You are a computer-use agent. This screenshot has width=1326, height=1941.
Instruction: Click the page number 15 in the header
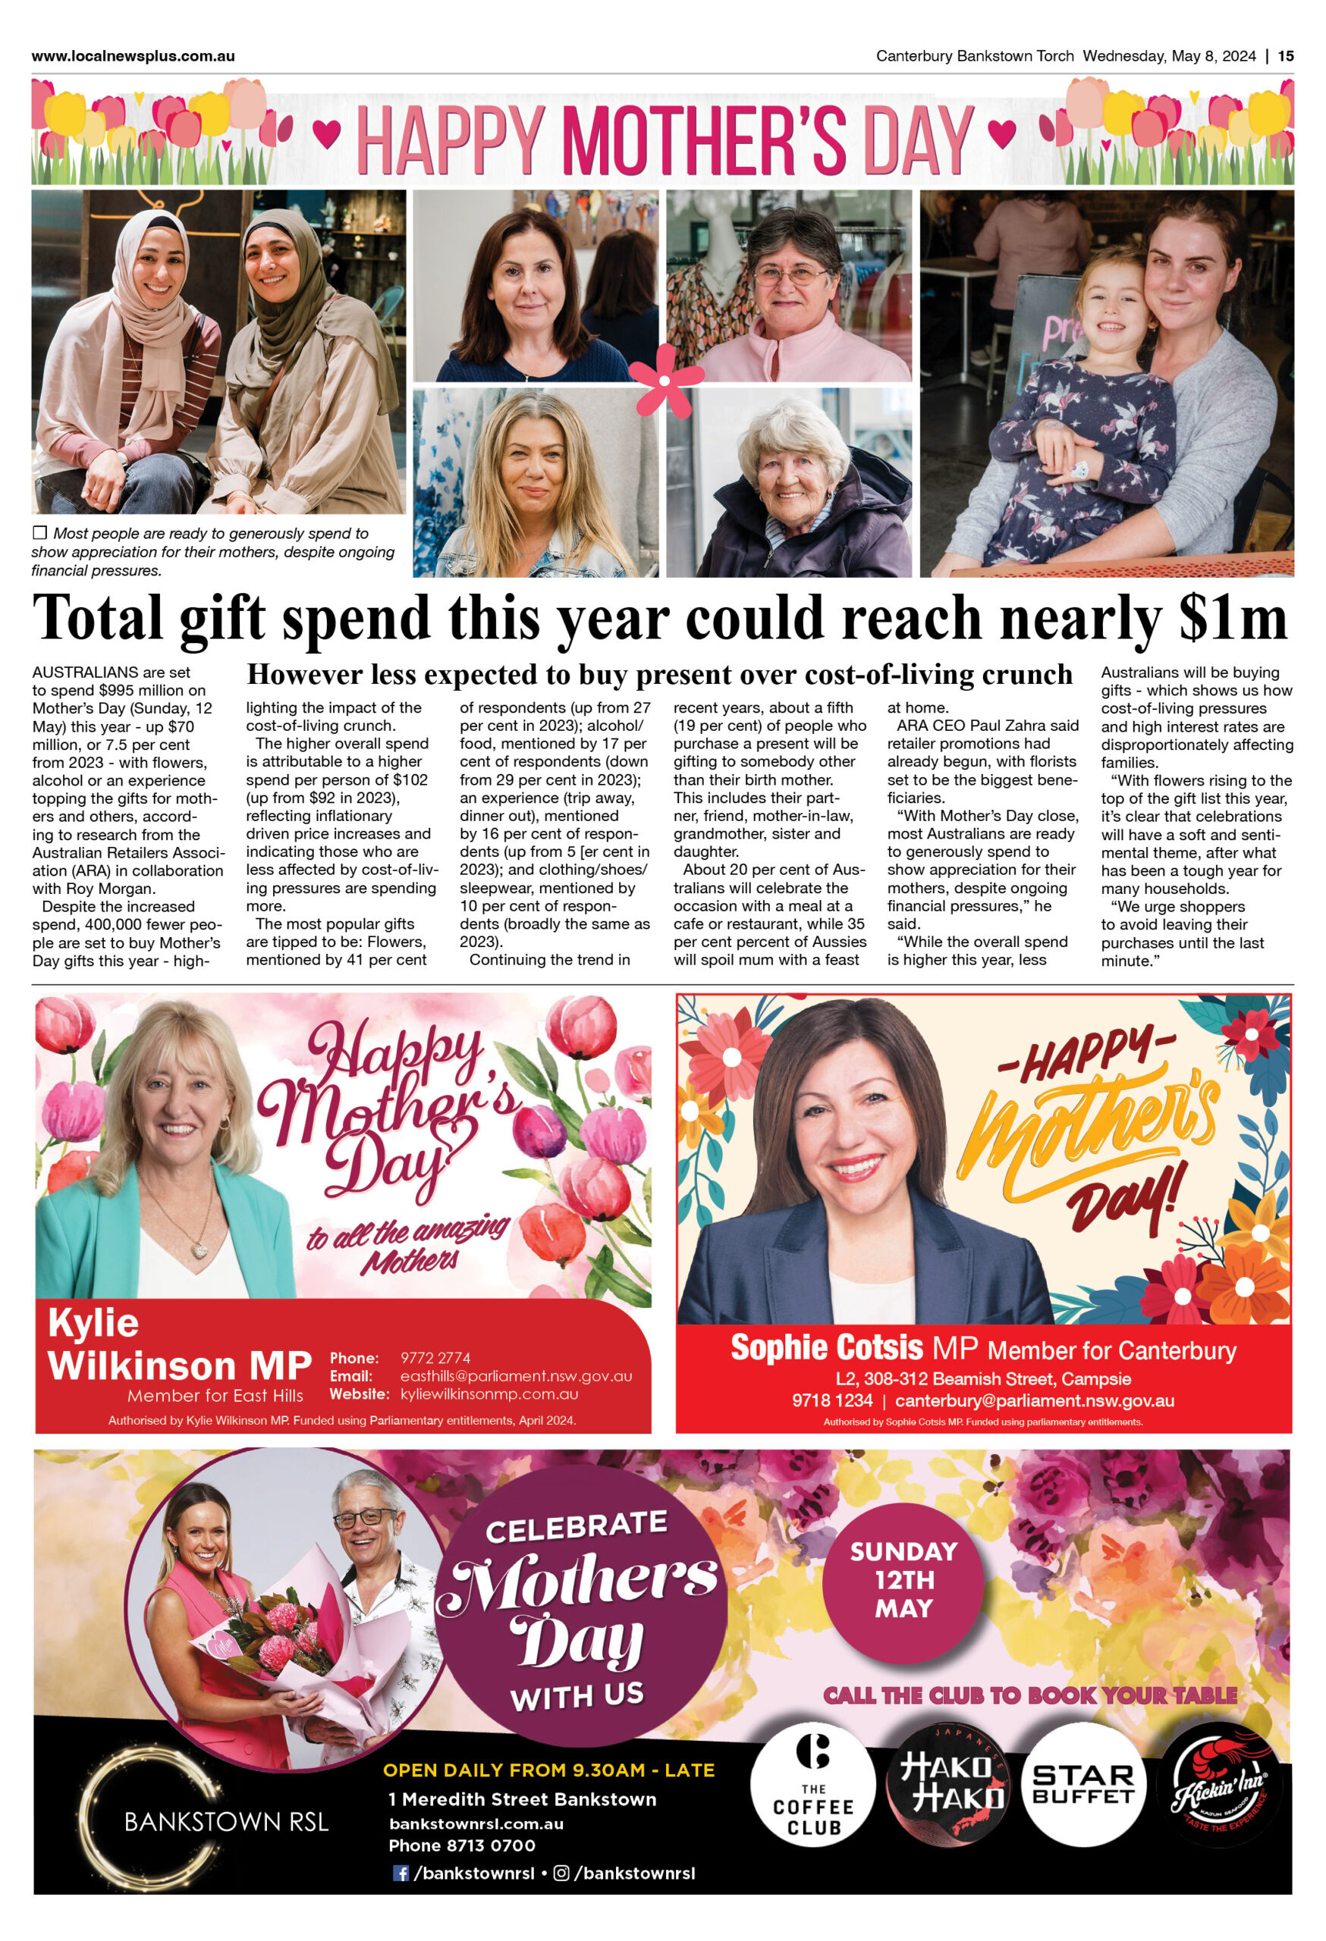(1285, 56)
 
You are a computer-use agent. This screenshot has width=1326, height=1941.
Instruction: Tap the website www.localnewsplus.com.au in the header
(133, 56)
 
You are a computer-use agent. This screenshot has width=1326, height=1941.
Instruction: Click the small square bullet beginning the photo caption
(39, 533)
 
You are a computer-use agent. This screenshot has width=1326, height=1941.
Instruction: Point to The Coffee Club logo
(812, 1785)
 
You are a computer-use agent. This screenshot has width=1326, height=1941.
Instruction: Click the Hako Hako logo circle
(951, 1785)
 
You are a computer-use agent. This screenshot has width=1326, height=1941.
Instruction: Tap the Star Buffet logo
(1082, 1785)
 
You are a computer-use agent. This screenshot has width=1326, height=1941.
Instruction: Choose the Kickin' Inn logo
(1221, 1785)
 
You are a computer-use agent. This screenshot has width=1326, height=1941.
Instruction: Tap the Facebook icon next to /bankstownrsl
(401, 1873)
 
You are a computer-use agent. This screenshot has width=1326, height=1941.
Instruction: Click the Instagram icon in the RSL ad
(561, 1873)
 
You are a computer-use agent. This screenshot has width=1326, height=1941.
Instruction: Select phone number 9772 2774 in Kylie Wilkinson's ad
(435, 1358)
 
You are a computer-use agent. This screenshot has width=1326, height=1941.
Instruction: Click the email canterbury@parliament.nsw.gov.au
(1035, 1400)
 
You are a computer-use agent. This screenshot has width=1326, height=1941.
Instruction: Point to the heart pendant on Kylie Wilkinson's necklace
(200, 1251)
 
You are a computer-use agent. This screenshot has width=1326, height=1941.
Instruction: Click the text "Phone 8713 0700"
(461, 1845)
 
